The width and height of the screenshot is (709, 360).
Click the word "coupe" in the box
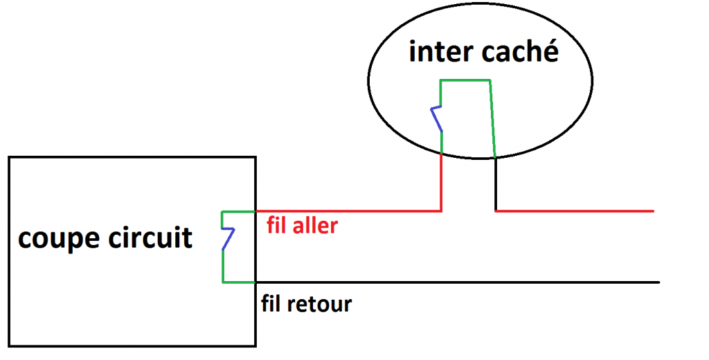[x=58, y=239]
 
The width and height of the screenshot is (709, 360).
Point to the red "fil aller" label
[x=302, y=226]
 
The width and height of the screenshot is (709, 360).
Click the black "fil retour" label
[x=306, y=303]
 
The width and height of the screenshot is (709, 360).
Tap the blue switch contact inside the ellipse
[x=437, y=118]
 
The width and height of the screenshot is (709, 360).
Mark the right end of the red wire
[x=653, y=210]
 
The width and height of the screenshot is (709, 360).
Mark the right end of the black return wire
[x=658, y=282]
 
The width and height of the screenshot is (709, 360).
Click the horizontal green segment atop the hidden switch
[x=465, y=81]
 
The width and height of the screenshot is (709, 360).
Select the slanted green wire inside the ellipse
[x=492, y=118]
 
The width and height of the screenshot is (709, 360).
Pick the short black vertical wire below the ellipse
[x=496, y=183]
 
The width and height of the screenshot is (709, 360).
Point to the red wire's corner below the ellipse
[x=441, y=210]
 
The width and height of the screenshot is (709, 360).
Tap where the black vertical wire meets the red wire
[x=496, y=210]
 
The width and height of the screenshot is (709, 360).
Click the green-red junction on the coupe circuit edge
[x=255, y=211]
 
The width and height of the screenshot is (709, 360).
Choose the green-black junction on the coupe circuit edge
[x=255, y=282]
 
